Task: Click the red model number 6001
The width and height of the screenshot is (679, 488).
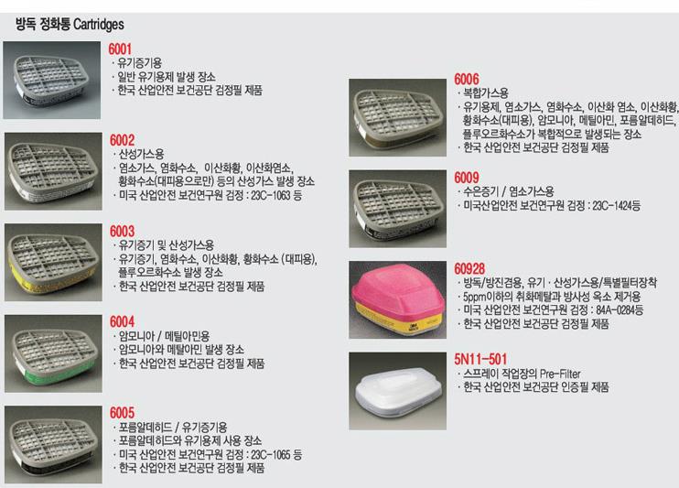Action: point(120,49)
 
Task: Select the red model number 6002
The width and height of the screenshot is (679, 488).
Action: point(122,140)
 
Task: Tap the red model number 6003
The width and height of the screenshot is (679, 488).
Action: point(122,231)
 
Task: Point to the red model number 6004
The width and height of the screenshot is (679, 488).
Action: point(122,321)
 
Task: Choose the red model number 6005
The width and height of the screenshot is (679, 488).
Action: point(122,413)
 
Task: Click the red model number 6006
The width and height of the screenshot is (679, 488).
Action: point(467,79)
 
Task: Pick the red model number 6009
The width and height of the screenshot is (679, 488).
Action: point(467,178)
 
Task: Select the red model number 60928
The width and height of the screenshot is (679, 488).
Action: point(469,268)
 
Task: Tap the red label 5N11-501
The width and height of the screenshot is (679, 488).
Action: point(480,359)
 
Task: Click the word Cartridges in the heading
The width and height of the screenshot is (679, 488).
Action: point(99,25)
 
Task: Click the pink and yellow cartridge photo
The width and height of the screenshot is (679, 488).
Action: point(397,300)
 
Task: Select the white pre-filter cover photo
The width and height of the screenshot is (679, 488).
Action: point(397,391)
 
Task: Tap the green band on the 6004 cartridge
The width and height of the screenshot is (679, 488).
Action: point(59,373)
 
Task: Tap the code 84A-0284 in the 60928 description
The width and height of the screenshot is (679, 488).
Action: point(616,310)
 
